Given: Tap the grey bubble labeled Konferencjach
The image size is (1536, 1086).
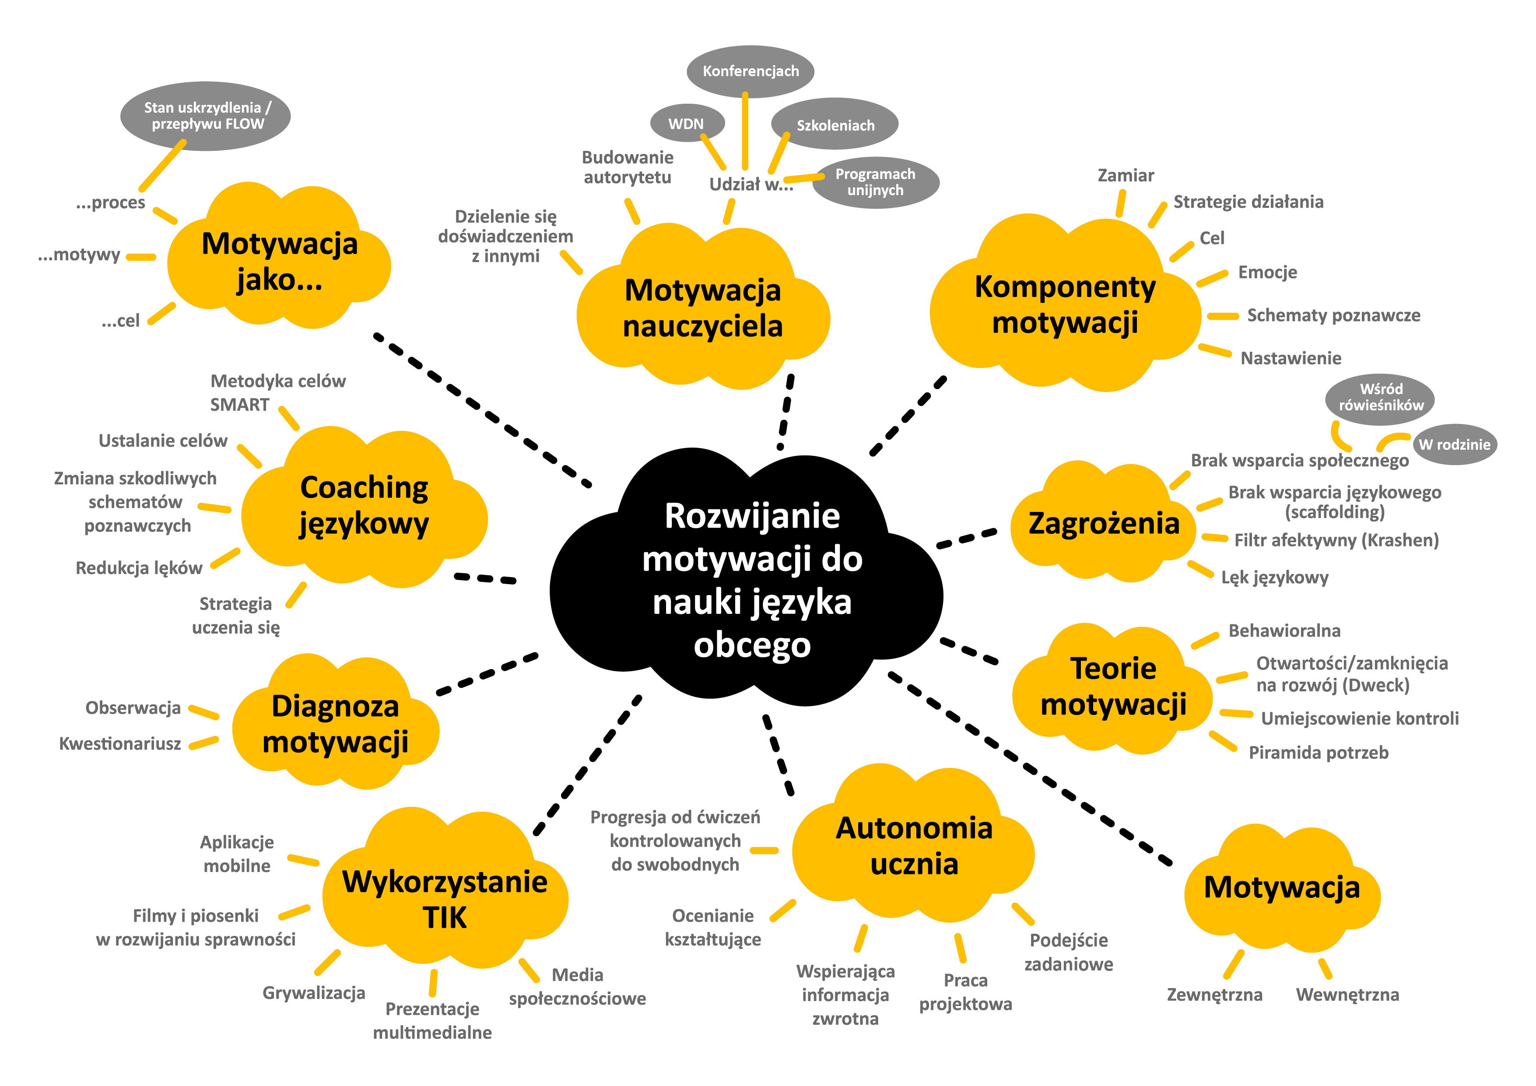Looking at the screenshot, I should coord(750,71).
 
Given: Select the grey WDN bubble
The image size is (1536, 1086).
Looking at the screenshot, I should coord(686,124).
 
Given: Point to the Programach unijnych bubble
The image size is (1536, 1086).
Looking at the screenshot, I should coord(875,182).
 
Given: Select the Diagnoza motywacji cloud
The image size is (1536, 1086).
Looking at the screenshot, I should coord(335,724).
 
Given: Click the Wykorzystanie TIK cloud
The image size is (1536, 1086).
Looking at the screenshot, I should coord(445,898).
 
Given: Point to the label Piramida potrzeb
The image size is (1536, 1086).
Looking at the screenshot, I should coord(1318,753).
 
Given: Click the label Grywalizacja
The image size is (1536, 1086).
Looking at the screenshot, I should coord(314,993).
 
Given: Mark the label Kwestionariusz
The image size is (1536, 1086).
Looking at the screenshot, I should coord(120,743).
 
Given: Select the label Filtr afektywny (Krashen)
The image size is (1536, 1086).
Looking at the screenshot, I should coord(1336,540).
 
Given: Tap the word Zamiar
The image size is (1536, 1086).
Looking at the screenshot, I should coord(1126,175).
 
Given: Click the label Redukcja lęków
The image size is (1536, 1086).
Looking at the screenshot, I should coord(138,568).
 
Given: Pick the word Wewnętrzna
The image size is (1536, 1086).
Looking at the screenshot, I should coord(1347,995).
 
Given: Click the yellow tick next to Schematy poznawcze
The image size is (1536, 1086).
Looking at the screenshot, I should coord(1224,315).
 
